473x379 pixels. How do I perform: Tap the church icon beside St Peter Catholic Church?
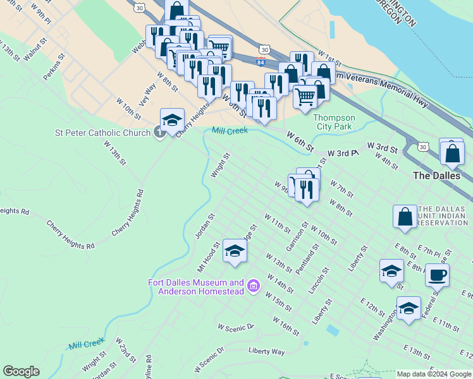tap(159, 132)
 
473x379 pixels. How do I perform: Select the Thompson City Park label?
tap(335, 123)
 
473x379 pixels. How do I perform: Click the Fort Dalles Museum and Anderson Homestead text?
tap(197, 287)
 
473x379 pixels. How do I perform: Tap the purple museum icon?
tap(254, 287)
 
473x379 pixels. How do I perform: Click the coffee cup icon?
tap(437, 275)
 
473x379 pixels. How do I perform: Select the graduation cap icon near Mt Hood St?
tap(235, 251)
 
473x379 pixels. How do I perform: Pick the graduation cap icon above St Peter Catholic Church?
tap(172, 119)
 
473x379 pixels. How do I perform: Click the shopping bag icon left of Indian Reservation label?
tap(405, 217)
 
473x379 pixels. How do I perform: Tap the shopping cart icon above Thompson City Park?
tap(305, 96)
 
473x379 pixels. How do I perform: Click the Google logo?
tap(21, 371)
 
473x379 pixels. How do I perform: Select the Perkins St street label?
tap(55, 66)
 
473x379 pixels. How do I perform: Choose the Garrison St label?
tap(296, 236)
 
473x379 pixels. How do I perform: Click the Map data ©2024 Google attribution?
tap(434, 374)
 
